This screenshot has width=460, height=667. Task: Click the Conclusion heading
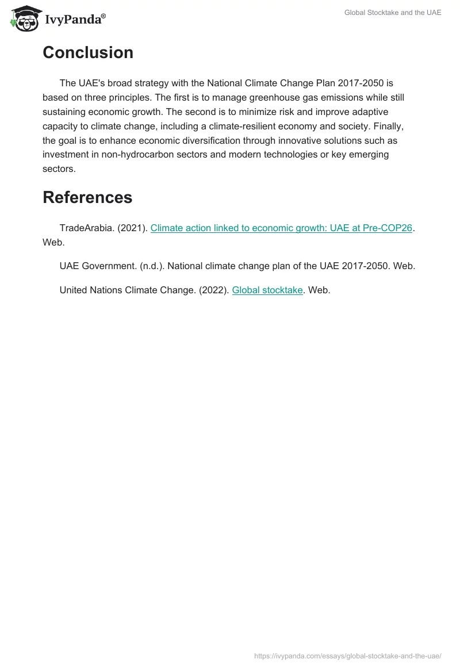[x=88, y=53]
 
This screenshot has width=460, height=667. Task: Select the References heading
[x=87, y=197]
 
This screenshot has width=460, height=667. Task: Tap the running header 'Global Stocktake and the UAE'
[x=393, y=13]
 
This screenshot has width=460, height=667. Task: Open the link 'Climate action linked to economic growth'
[x=281, y=228]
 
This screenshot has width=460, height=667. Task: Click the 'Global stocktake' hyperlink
[x=267, y=290]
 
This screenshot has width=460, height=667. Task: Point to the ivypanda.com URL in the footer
[x=347, y=656]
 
